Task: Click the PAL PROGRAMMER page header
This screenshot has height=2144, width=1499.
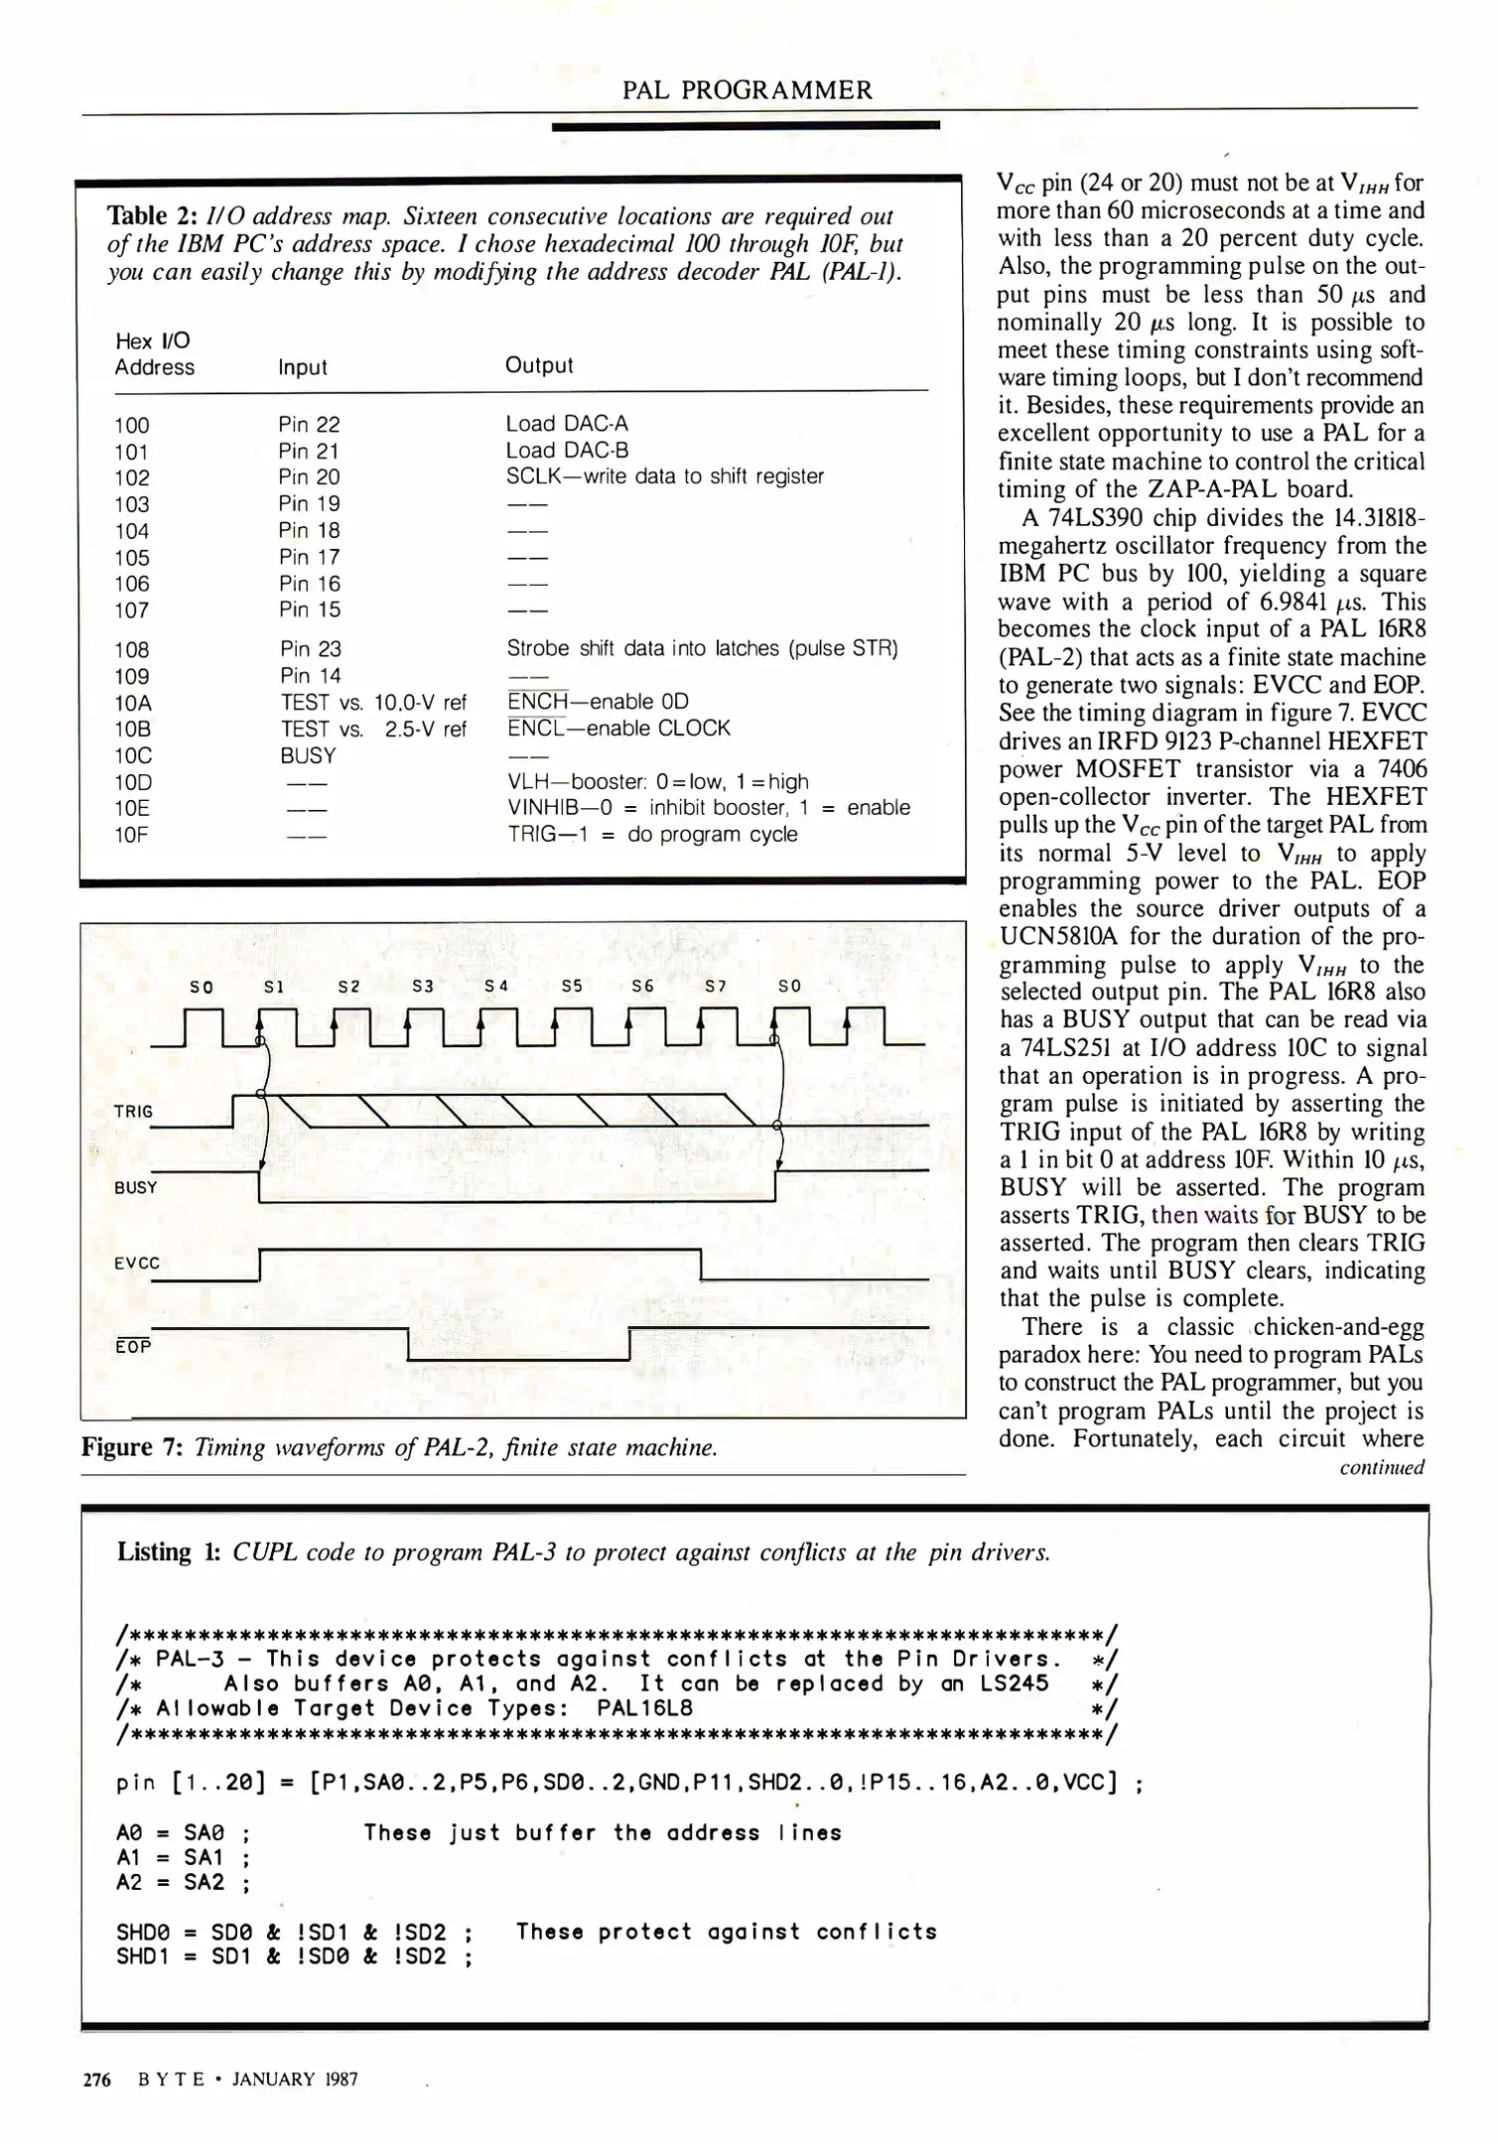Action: click(747, 90)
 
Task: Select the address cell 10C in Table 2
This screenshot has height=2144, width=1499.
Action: click(133, 755)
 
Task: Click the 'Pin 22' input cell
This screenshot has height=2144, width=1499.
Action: click(309, 425)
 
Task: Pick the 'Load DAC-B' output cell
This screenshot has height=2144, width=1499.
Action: click(567, 451)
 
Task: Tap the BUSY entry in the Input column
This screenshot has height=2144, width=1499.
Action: click(308, 755)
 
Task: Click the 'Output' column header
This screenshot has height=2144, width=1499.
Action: click(539, 365)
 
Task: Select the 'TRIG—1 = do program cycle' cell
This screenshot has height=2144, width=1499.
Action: click(652, 834)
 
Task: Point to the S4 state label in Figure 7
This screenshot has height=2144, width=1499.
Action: click(496, 987)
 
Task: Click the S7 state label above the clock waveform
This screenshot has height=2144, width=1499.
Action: click(716, 987)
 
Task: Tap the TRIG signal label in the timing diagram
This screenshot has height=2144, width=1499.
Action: click(133, 1112)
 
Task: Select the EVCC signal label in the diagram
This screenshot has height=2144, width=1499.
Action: click(136, 1264)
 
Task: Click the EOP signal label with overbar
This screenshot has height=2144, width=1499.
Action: click(133, 1347)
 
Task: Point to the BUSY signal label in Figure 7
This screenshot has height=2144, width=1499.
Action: click(136, 1187)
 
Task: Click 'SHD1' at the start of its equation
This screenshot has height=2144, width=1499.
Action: click(143, 1957)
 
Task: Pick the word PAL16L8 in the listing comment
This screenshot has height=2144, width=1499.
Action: click(644, 1708)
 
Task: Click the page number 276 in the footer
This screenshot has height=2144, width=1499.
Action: click(96, 2078)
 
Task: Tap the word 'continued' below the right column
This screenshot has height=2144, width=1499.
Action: click(1381, 1467)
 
